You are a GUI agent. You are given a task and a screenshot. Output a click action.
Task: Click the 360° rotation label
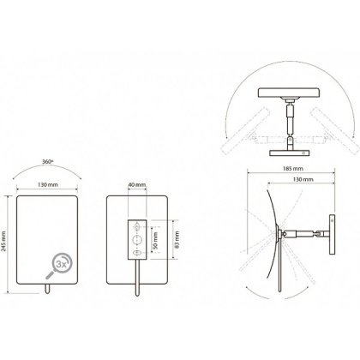pyautogui.click(x=48, y=161)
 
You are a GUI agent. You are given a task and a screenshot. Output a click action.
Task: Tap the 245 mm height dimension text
pyautogui.click(x=3, y=242)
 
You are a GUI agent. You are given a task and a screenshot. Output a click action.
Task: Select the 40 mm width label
pyautogui.click(x=137, y=185)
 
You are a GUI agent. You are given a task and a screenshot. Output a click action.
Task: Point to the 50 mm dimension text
pyautogui.click(x=155, y=241)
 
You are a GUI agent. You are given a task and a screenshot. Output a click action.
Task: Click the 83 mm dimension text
pyautogui.click(x=177, y=240)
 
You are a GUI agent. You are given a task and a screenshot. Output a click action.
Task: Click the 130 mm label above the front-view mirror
pyautogui.click(x=48, y=185)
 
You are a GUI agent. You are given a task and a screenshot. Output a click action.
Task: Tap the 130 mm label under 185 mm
pyautogui.click(x=303, y=179)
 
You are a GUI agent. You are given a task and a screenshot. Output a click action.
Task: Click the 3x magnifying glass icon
pyautogui.click(x=59, y=266)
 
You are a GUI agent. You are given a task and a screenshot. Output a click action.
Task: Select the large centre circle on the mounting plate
pyautogui.click(x=137, y=240)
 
